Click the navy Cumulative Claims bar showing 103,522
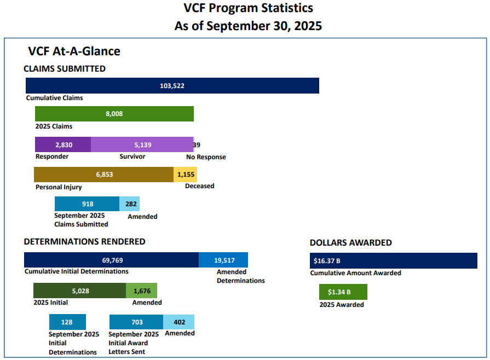(172, 86)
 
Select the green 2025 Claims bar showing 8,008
(114, 114)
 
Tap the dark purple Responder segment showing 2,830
(63, 144)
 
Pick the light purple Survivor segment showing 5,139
(142, 144)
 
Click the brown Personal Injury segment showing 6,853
(103, 175)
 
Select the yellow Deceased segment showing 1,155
(186, 175)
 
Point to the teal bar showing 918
(87, 204)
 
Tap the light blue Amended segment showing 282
(130, 204)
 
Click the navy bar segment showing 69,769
(111, 260)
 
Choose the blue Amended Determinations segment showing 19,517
(223, 260)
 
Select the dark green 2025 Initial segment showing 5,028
(79, 291)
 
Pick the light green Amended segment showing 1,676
(142, 291)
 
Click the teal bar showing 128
(68, 322)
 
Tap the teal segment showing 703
(136, 322)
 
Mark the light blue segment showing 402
(179, 322)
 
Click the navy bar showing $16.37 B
(393, 260)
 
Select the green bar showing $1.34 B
(343, 292)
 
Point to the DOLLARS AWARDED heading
(350, 242)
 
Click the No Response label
(205, 157)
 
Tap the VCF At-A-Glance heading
(74, 51)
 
